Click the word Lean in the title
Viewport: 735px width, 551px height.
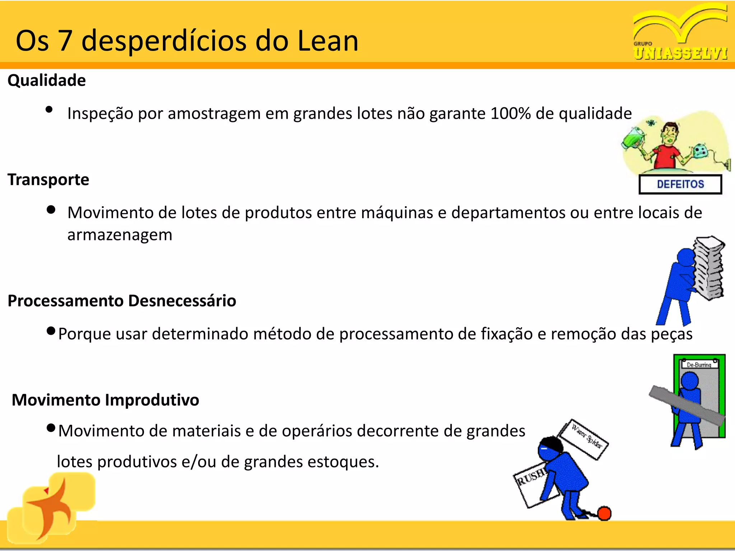[x=328, y=41]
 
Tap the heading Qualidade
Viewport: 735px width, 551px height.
[x=47, y=80]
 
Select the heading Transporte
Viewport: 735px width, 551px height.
[x=48, y=179]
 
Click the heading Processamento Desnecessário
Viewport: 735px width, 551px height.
[x=122, y=301]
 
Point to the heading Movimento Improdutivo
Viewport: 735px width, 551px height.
[x=106, y=400]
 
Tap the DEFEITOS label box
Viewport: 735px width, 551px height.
[x=680, y=184]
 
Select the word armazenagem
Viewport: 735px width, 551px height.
[x=120, y=235]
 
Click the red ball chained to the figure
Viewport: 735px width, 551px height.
[x=604, y=513]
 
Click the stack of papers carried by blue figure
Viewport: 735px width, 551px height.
[x=708, y=267]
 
